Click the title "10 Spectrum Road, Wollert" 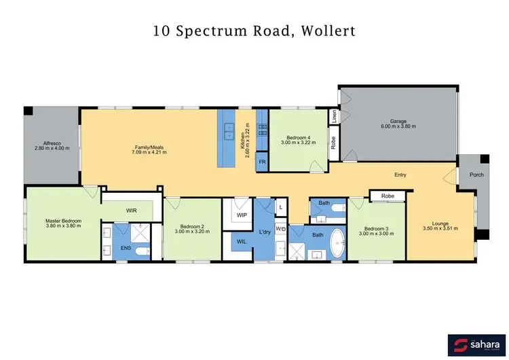pos(254,31)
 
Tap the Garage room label pos(398,124)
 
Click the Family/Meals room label pos(148,149)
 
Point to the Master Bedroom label pos(64,223)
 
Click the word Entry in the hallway pos(400,175)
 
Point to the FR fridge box pos(261,164)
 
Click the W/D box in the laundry pos(280,229)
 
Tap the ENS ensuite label pos(126,249)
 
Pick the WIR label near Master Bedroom pos(132,211)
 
